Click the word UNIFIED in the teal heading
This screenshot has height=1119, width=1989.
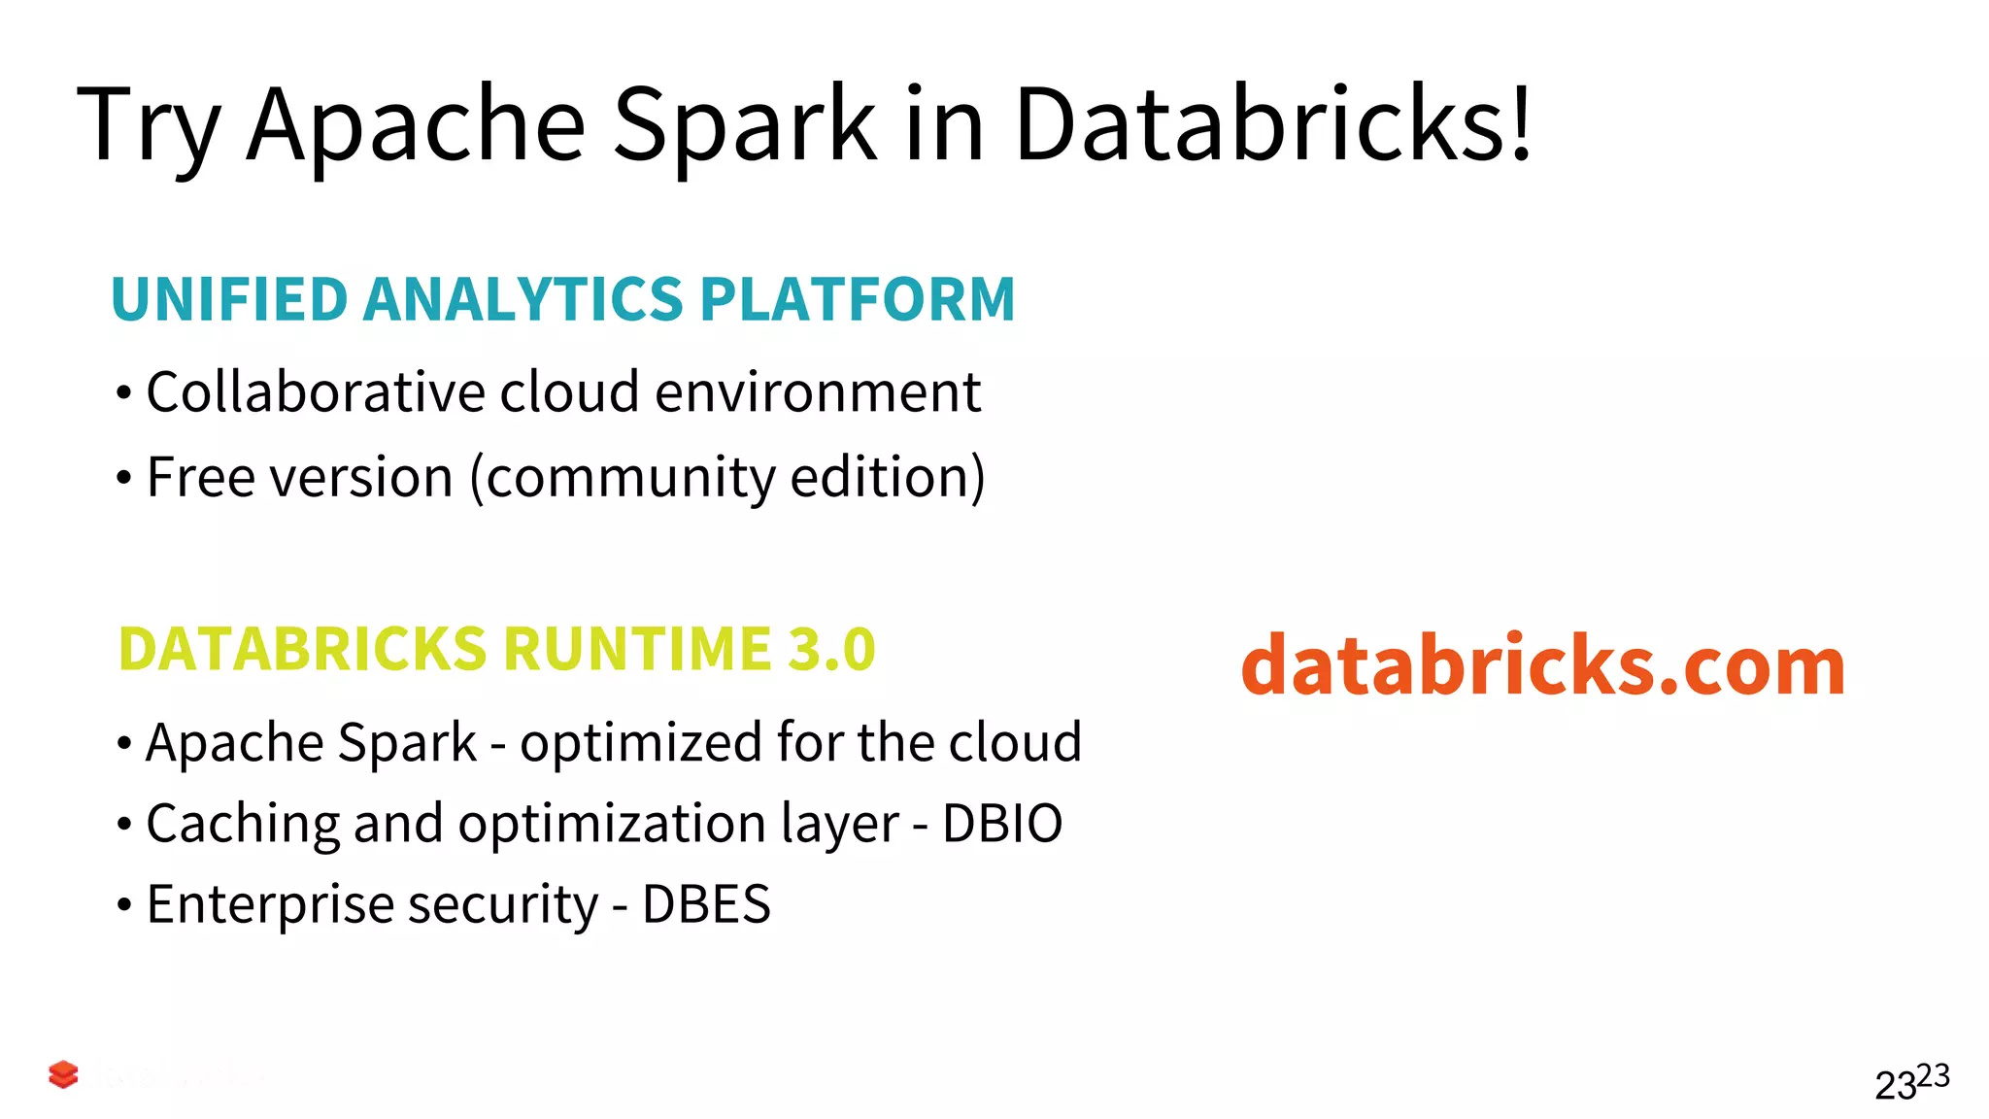click(229, 299)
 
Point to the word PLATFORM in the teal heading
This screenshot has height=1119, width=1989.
click(857, 299)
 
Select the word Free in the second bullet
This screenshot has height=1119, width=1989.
click(200, 477)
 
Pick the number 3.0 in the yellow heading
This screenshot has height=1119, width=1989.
click(831, 649)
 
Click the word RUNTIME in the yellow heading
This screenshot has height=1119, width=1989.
click(637, 649)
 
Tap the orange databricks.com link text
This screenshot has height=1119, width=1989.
click(1542, 665)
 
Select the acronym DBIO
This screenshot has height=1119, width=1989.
click(1002, 824)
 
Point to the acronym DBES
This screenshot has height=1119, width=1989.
click(706, 904)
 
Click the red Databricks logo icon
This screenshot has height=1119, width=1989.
click(63, 1074)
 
